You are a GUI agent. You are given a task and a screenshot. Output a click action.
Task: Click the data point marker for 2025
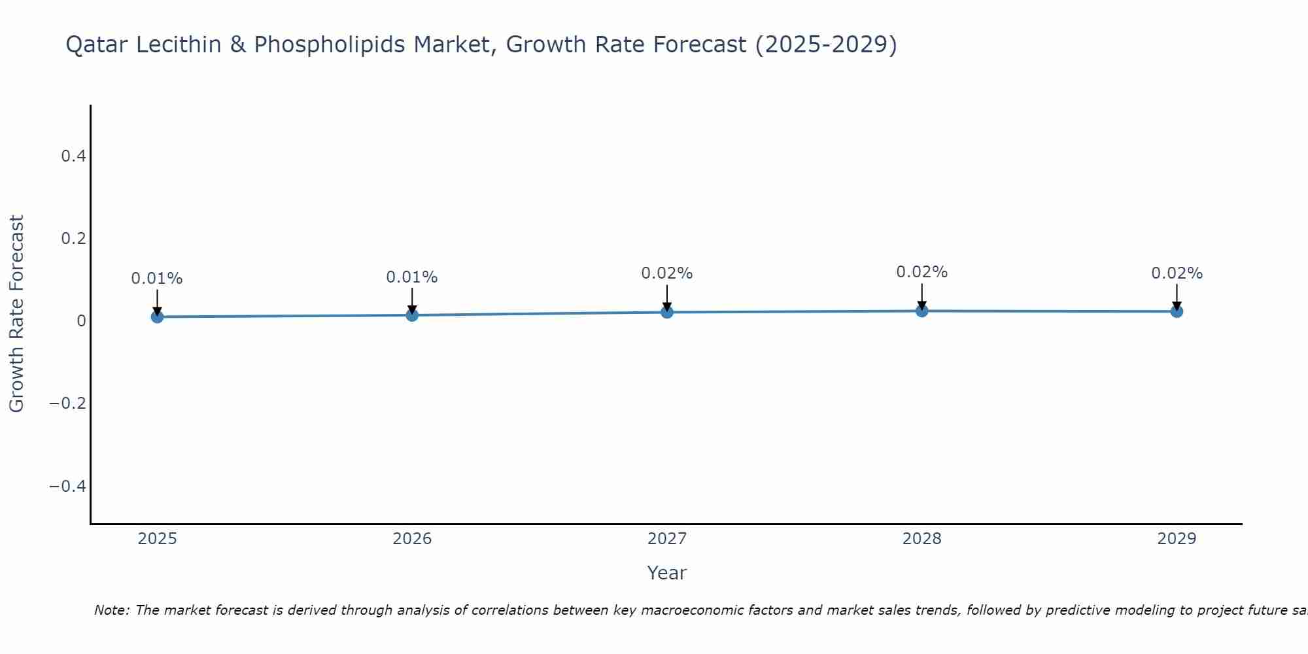pyautogui.click(x=157, y=317)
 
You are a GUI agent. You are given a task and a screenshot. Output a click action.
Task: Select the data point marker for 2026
pyautogui.click(x=412, y=315)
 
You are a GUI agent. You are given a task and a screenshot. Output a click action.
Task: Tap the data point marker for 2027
pyautogui.click(x=667, y=312)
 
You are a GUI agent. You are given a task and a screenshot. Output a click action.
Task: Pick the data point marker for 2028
pyautogui.click(x=921, y=311)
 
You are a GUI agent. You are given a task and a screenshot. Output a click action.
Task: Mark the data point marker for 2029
pyautogui.click(x=1177, y=311)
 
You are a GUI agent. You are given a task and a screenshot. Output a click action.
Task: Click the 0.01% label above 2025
pyautogui.click(x=157, y=279)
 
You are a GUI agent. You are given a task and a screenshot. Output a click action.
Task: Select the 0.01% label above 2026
pyautogui.click(x=412, y=277)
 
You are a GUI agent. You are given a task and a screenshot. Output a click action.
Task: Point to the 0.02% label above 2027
pyautogui.click(x=667, y=273)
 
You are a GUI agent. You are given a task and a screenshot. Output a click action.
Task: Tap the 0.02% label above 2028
pyautogui.click(x=921, y=272)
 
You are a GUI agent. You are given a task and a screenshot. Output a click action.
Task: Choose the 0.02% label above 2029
pyautogui.click(x=1177, y=273)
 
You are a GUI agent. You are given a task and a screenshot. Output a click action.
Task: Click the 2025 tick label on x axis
pyautogui.click(x=158, y=539)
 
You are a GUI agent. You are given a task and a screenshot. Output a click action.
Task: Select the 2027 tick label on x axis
pyautogui.click(x=667, y=539)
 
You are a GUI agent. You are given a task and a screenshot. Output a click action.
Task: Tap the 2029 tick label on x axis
pyautogui.click(x=1177, y=539)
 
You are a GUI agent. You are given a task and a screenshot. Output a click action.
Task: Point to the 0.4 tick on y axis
pyautogui.click(x=73, y=156)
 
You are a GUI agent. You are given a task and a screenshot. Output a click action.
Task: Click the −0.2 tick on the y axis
pyautogui.click(x=67, y=403)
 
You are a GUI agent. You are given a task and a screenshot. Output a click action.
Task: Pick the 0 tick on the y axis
pyautogui.click(x=81, y=320)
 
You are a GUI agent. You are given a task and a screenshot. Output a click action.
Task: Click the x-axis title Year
pyautogui.click(x=667, y=573)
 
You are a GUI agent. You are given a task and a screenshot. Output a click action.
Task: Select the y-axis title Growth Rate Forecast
pyautogui.click(x=16, y=314)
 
